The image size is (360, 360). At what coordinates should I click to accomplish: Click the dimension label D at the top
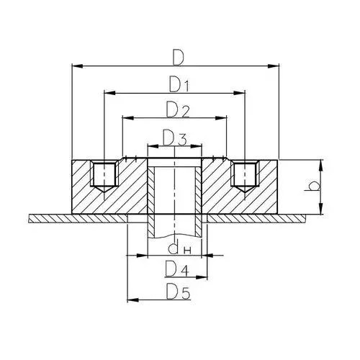178,58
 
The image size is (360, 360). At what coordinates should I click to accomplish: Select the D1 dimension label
179,84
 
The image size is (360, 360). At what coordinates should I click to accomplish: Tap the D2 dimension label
177,109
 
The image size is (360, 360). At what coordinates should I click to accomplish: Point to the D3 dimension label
174,138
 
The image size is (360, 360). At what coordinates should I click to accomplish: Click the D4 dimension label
177,269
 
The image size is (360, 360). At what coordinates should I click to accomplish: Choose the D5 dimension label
179,292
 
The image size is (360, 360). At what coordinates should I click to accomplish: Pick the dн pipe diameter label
179,248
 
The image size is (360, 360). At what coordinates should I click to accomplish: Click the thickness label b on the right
312,186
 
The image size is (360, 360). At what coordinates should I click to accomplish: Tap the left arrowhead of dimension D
78,66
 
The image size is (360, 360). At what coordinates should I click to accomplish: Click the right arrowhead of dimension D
274,66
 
